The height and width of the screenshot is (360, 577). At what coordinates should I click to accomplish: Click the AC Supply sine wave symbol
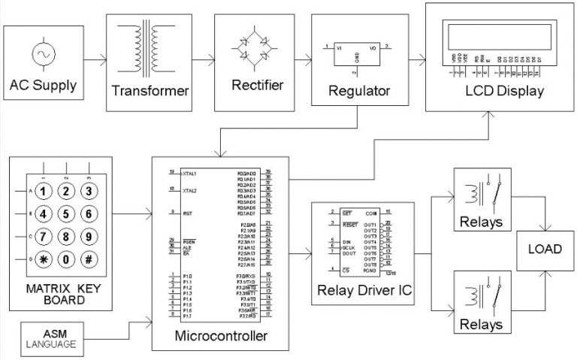42,56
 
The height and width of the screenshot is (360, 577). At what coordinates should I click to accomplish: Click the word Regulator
359,91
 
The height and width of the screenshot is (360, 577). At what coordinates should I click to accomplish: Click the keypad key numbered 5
66,213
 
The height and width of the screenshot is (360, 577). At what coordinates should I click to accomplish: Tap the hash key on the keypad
89,260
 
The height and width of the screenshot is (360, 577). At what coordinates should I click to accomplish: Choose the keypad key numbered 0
66,260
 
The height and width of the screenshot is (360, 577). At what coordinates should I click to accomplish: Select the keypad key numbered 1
43,191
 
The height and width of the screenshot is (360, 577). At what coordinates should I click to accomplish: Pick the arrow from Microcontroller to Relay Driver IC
300,255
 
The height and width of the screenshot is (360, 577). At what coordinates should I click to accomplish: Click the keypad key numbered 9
89,237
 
